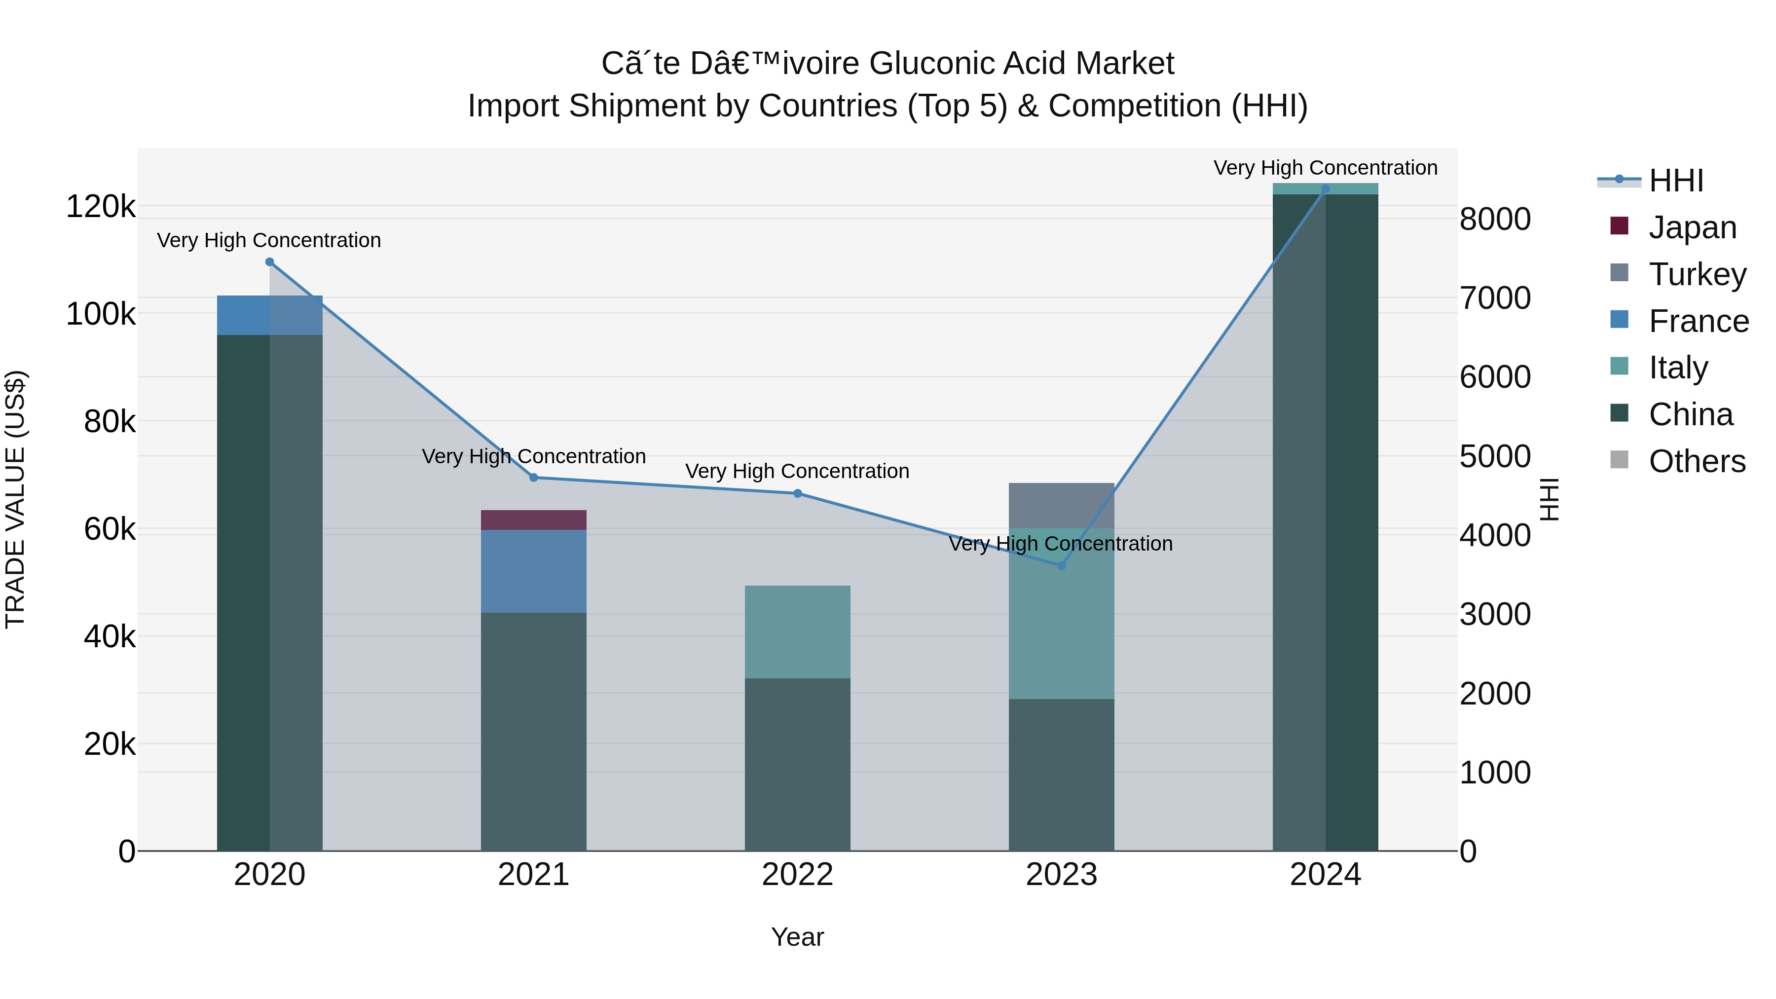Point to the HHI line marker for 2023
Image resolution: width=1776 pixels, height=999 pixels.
1061,565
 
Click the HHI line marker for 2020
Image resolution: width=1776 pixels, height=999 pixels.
269,262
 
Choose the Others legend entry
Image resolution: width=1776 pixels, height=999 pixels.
1696,461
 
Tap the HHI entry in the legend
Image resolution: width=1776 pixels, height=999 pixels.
1675,181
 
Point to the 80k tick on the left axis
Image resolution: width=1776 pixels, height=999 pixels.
109,421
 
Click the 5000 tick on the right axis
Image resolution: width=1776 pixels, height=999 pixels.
1495,456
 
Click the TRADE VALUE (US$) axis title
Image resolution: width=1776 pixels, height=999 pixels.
15,499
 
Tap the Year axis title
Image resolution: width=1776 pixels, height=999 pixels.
797,937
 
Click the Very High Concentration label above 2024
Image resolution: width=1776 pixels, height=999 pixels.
1325,168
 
